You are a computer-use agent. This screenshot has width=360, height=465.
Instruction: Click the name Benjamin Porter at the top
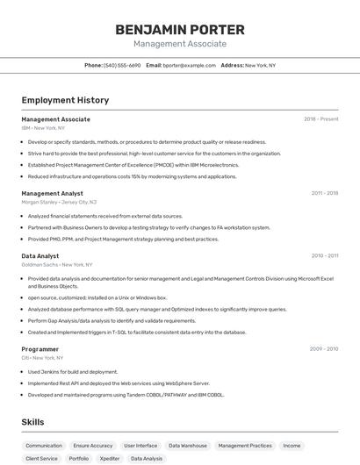click(x=179, y=30)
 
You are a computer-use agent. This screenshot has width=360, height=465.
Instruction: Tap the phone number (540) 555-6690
click(x=122, y=65)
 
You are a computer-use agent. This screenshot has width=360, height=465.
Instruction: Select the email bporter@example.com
click(x=189, y=65)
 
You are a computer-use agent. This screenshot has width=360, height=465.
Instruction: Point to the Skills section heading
click(x=33, y=422)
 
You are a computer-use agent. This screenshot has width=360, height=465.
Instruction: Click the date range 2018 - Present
click(x=320, y=118)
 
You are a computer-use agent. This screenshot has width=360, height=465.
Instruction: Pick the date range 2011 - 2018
click(x=324, y=193)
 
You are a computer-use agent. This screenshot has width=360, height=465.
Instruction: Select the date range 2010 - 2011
click(x=324, y=256)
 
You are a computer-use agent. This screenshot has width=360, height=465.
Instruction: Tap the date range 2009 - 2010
click(x=323, y=349)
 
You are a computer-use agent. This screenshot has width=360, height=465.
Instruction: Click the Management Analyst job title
click(x=53, y=193)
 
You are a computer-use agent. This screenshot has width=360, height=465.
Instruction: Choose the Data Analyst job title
click(x=40, y=256)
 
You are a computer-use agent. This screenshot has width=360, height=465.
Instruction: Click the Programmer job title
click(x=40, y=349)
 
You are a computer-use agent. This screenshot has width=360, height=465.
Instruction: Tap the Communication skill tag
click(x=44, y=446)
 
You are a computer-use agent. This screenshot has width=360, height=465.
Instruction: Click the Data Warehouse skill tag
click(x=187, y=446)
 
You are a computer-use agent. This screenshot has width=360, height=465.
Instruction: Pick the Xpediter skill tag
click(x=110, y=458)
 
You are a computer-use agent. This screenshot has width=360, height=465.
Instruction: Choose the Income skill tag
click(x=292, y=446)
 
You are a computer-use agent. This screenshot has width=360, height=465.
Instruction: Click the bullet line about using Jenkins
click(x=72, y=371)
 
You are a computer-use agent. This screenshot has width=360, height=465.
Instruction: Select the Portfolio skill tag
click(x=79, y=458)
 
